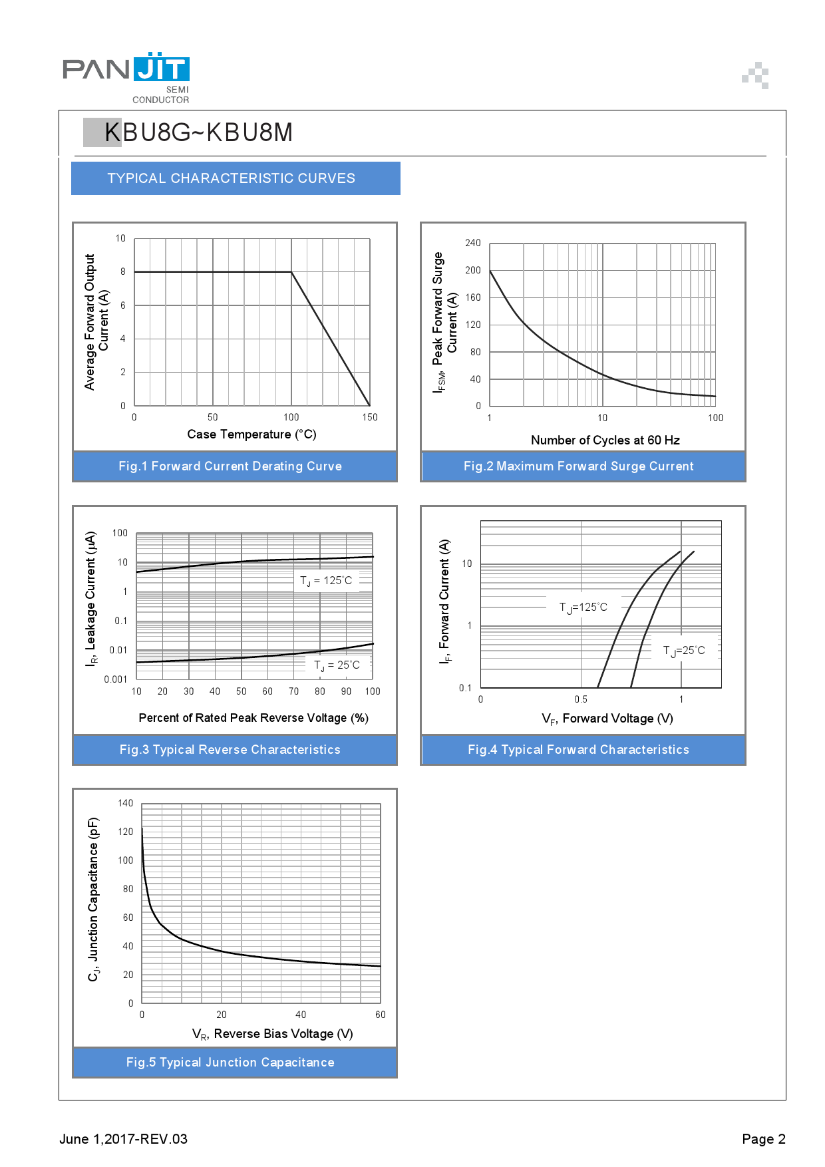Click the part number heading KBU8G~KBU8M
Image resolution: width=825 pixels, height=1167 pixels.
(x=198, y=132)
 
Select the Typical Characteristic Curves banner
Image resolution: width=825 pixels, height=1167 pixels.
(x=231, y=178)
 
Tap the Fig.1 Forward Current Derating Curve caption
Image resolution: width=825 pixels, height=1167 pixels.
(x=230, y=466)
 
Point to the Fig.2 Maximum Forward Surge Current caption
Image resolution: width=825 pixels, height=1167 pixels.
(x=578, y=466)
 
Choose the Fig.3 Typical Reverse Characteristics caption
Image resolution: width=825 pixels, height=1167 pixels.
(x=230, y=750)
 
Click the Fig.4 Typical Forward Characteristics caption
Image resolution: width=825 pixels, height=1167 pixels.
(x=578, y=750)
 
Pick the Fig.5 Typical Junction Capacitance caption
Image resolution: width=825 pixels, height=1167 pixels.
(x=230, y=1063)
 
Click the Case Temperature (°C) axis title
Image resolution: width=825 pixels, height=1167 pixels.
(x=251, y=434)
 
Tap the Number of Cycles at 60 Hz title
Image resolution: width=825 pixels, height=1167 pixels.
(x=605, y=440)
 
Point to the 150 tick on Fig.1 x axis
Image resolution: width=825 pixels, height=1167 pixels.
(x=370, y=418)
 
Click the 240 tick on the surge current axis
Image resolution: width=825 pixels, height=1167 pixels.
(x=472, y=243)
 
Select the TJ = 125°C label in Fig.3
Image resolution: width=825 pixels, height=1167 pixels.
(x=326, y=581)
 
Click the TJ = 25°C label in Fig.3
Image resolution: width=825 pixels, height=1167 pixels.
(x=337, y=665)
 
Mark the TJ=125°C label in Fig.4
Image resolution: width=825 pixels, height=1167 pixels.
(x=583, y=607)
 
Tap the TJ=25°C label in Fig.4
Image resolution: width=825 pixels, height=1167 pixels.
(x=684, y=651)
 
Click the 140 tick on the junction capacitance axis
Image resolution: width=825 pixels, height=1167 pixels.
(x=126, y=803)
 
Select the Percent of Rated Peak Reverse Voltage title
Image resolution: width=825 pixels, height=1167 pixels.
(x=253, y=718)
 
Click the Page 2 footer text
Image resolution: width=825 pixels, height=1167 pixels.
(x=764, y=1139)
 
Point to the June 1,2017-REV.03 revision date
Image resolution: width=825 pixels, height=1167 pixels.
(x=124, y=1139)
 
